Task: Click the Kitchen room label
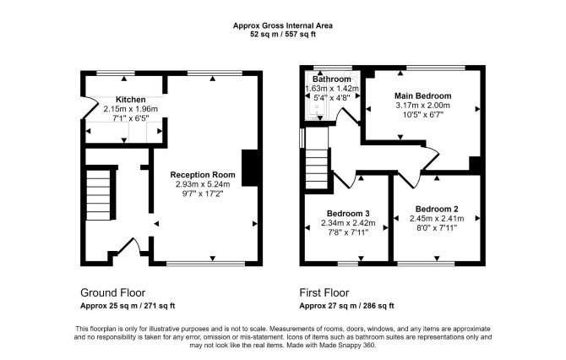click(131, 100)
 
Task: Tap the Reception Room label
click(203, 175)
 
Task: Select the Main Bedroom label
click(422, 96)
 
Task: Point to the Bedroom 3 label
click(348, 214)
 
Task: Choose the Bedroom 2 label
click(437, 209)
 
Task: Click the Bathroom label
click(332, 79)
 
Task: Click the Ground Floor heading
click(112, 292)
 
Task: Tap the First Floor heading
click(324, 292)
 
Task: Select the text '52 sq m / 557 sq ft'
click(283, 35)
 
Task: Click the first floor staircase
click(317, 169)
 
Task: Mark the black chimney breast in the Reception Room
click(249, 168)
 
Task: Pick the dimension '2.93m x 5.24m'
click(203, 184)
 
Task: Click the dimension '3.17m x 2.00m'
click(422, 106)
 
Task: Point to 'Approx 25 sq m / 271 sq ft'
click(128, 306)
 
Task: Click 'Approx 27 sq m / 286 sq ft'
click(346, 306)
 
